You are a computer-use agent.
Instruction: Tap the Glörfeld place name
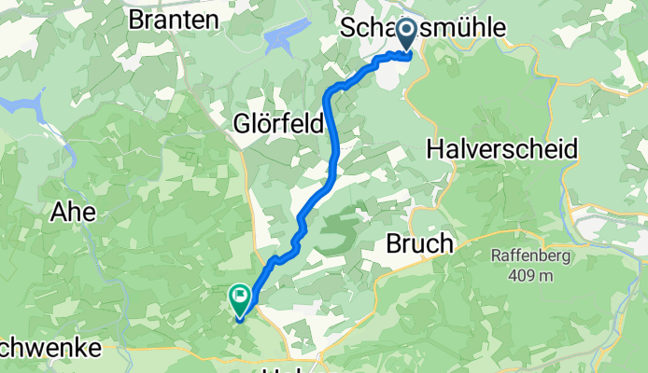tap(280, 123)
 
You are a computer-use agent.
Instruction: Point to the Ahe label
tap(74, 212)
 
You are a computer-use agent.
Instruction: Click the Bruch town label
tap(419, 244)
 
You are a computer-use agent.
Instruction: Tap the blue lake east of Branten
tap(283, 37)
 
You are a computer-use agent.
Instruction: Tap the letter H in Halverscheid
tap(436, 147)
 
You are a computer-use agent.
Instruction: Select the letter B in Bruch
tap(392, 244)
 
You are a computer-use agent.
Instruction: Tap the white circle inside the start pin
tap(408, 32)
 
